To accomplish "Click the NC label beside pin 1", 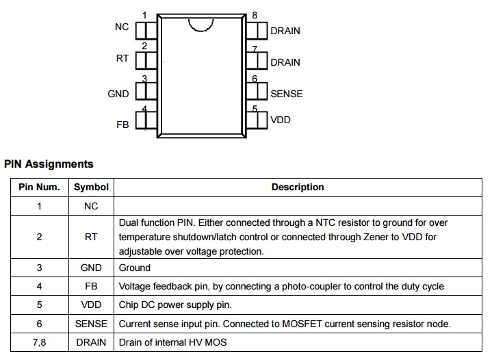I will (x=122, y=27).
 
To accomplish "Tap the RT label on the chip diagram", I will (x=122, y=58).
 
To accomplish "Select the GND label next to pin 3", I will (x=118, y=94).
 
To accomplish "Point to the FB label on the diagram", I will (x=122, y=125).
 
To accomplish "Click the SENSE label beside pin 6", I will (x=286, y=94).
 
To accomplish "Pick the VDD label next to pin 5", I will (x=281, y=120).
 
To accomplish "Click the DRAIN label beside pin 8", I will (x=285, y=31).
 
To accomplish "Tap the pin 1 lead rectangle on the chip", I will (x=146, y=30).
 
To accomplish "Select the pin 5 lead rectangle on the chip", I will (x=257, y=120).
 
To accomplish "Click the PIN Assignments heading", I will (x=49, y=164).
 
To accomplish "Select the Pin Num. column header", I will (x=39, y=187).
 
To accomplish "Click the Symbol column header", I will (x=91, y=187).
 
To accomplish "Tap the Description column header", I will (x=298, y=187).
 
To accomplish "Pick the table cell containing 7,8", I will (x=39, y=342).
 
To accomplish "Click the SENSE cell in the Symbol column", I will (x=91, y=323).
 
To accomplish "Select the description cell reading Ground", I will (x=135, y=268).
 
